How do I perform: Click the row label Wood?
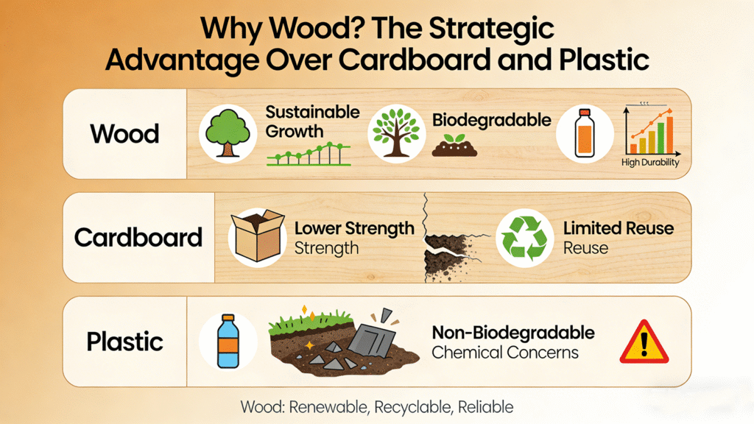click(x=124, y=134)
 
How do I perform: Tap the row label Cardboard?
click(x=138, y=238)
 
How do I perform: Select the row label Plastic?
click(x=124, y=342)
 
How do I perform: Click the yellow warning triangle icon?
click(x=644, y=342)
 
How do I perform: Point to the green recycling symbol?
click(x=524, y=238)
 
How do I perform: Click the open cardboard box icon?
click(x=257, y=236)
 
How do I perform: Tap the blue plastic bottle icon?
click(x=228, y=342)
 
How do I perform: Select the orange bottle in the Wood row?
click(x=585, y=133)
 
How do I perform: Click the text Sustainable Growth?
click(x=312, y=121)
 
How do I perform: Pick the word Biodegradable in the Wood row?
click(x=491, y=120)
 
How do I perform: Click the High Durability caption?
click(x=650, y=163)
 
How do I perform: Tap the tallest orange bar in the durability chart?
click(x=669, y=135)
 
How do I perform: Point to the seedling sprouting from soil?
click(x=454, y=146)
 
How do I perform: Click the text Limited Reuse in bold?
click(x=619, y=228)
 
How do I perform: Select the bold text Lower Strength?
click(x=354, y=229)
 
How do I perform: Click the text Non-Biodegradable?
click(x=513, y=332)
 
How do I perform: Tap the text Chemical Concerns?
click(x=505, y=353)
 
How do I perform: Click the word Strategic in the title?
click(x=491, y=29)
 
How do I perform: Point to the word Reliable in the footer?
click(x=486, y=407)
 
